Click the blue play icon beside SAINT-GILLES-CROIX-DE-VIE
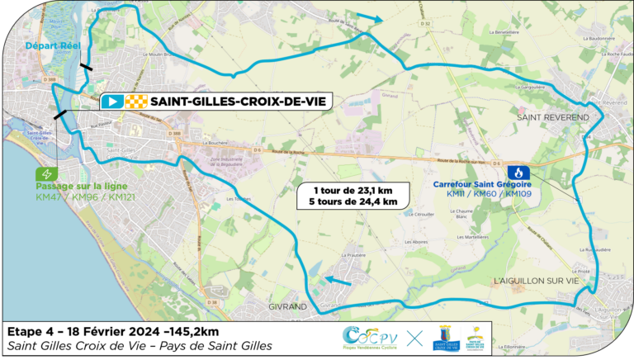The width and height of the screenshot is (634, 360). (x=112, y=102)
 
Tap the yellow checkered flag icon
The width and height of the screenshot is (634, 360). (x=135, y=102)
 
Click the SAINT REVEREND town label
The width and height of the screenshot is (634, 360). (x=553, y=118)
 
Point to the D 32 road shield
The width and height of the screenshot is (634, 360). (x=426, y=24)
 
